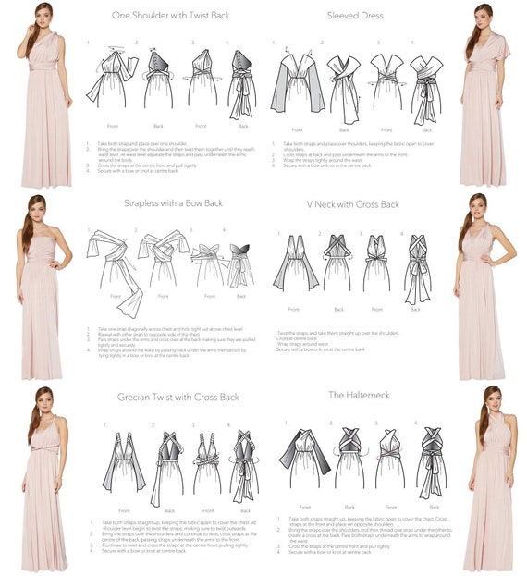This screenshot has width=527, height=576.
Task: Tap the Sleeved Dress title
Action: [356, 16]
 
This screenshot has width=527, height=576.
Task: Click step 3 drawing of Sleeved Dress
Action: [386, 85]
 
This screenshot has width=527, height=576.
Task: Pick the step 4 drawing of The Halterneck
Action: [431, 462]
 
